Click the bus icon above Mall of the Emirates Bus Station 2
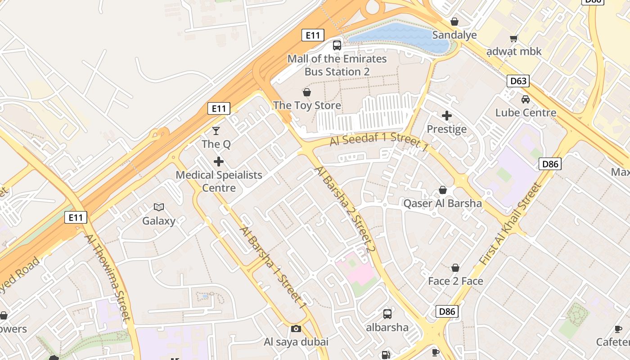[x=337, y=45]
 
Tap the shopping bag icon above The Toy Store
[x=307, y=92]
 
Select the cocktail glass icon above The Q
[x=216, y=130]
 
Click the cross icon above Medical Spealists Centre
[x=219, y=161]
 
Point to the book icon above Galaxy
[x=159, y=207]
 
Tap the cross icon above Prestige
[x=447, y=116]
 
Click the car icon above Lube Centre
[x=526, y=99]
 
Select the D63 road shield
[x=518, y=81]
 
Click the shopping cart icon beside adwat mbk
[x=513, y=39]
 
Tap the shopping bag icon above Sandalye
[x=454, y=22]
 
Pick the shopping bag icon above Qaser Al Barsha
[x=443, y=190]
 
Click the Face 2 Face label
[x=455, y=281]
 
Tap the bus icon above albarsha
[x=387, y=314]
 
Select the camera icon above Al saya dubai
[x=296, y=328]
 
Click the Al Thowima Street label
[x=108, y=277]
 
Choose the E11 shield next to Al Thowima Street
[x=76, y=217]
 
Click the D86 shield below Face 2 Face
[x=447, y=311]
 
